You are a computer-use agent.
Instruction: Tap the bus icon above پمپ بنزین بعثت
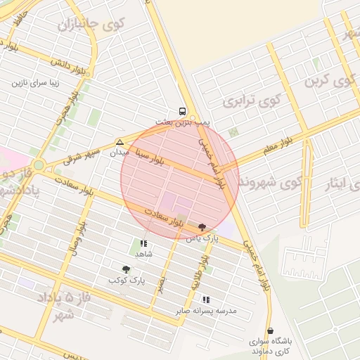183,111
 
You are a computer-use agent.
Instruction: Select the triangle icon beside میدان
120,141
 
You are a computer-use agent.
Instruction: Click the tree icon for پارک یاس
203,226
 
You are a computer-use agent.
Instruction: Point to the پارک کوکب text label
127,281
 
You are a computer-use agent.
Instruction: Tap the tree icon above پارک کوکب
127,269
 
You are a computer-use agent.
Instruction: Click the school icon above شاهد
143,243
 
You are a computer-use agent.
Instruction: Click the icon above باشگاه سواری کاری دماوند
270,331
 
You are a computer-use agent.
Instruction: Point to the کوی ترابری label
247,101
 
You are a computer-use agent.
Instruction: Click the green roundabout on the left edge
38,166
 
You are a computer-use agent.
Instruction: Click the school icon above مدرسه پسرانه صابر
206,300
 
